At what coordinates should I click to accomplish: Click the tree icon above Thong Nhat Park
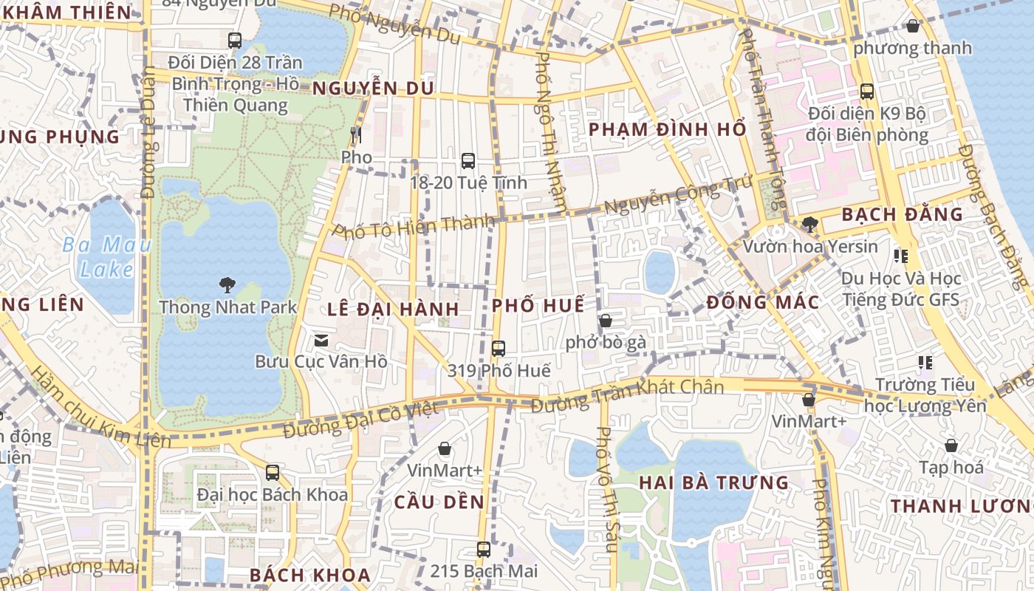(x=227, y=284)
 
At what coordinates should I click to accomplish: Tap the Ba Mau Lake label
(x=106, y=256)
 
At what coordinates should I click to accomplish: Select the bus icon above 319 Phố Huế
(x=499, y=348)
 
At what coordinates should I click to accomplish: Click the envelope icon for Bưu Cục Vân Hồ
(x=321, y=340)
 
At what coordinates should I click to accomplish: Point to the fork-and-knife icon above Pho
(x=356, y=134)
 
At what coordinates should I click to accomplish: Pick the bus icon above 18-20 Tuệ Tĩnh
(x=468, y=160)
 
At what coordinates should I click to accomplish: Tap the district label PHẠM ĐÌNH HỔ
(x=667, y=129)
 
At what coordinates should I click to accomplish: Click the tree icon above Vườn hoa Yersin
(x=810, y=224)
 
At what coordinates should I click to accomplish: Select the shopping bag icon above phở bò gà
(x=606, y=321)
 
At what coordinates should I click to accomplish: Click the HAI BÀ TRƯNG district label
(x=713, y=483)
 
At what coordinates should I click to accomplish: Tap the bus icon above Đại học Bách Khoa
(x=273, y=472)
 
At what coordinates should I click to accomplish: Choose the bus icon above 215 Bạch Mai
(x=484, y=549)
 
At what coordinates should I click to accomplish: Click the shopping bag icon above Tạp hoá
(x=951, y=445)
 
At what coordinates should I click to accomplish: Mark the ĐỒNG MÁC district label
(x=762, y=302)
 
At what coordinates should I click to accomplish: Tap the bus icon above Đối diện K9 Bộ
(x=867, y=92)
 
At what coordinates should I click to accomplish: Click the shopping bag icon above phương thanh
(x=913, y=26)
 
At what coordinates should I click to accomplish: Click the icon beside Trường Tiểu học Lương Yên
(x=925, y=363)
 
